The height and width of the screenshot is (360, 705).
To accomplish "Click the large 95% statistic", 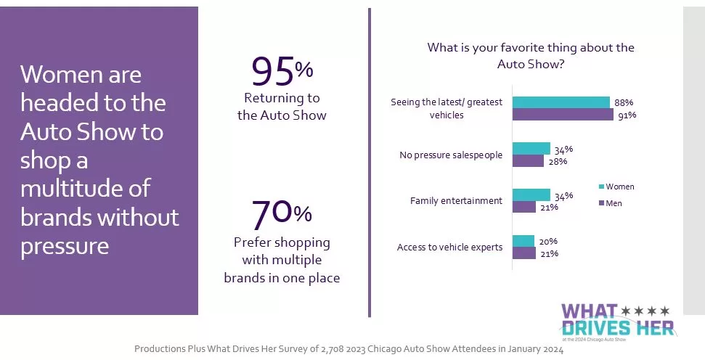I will point(282,71).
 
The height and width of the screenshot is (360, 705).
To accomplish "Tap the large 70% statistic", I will point(282,213).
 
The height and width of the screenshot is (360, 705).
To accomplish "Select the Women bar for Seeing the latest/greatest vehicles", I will point(561,102).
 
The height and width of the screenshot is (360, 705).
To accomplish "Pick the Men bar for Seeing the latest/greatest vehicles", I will point(563,114).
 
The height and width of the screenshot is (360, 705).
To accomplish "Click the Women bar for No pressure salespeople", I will point(531,149).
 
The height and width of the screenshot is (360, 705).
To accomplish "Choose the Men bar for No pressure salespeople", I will point(528,160).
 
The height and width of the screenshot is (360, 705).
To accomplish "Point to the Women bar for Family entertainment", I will point(531,195).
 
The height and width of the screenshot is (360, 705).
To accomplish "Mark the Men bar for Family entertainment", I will point(524,207).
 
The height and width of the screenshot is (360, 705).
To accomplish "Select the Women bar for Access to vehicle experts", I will point(523,241).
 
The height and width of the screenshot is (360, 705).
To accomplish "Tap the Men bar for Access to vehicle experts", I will point(524,253).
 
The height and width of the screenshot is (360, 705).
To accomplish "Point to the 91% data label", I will point(627,115).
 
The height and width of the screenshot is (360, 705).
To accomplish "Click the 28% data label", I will point(558,161).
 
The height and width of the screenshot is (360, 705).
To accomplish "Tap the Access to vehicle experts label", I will point(449,247).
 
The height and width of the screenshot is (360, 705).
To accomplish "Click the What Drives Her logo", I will point(617,319).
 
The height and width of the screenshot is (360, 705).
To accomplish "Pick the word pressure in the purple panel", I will point(65,246).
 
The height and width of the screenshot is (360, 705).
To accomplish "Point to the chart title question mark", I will point(561,65).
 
